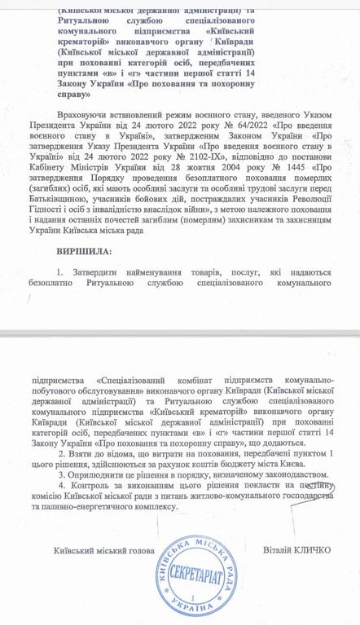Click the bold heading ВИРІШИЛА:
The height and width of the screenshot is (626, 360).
coord(85,247)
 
